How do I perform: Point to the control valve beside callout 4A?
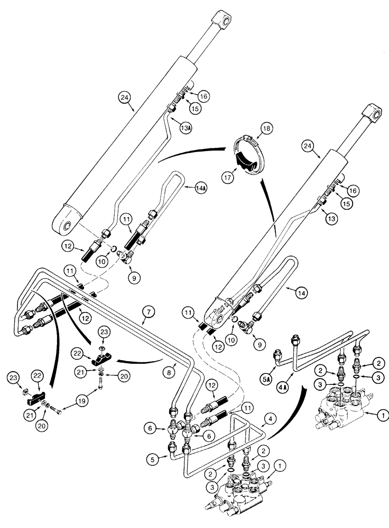[341, 407]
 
